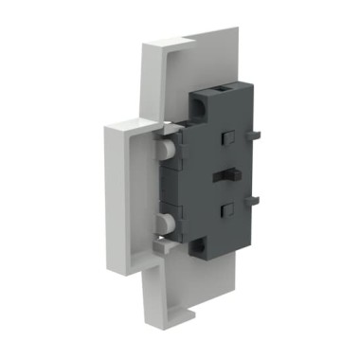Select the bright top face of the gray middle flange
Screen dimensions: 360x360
[x=128, y=123]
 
